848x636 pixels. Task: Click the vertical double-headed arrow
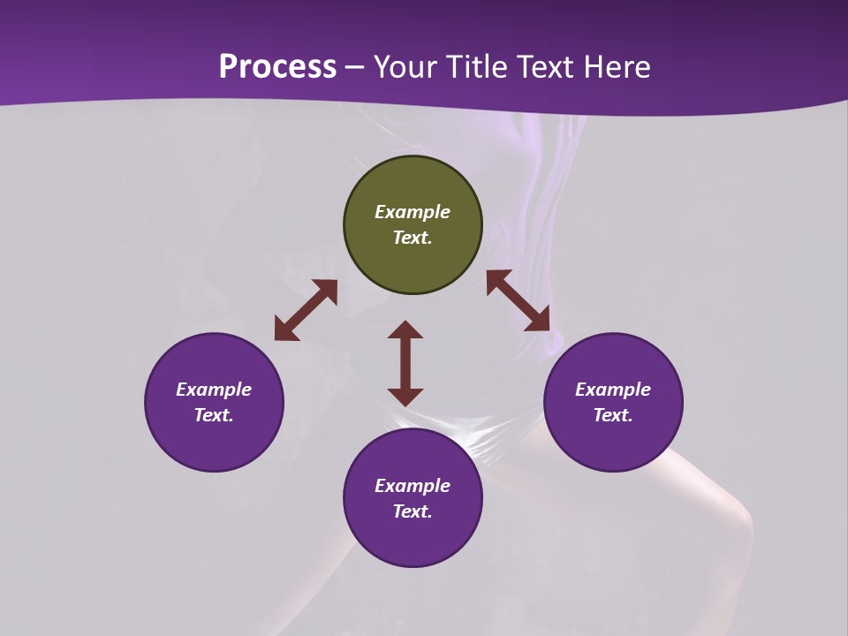tap(405, 363)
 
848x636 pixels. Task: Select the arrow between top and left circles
tap(306, 310)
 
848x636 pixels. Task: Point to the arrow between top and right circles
tap(518, 300)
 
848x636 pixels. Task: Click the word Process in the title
tap(277, 66)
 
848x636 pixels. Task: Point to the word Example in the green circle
tap(413, 212)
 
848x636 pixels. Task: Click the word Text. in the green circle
tap(413, 238)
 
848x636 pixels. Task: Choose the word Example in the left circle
tap(214, 390)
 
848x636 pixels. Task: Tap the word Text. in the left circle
tap(214, 415)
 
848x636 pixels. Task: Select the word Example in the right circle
tap(613, 390)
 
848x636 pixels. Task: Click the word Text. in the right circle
tap(613, 415)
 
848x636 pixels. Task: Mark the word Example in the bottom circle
tap(413, 486)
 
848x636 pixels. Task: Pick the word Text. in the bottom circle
tap(413, 511)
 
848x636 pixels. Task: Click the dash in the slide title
tap(355, 66)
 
